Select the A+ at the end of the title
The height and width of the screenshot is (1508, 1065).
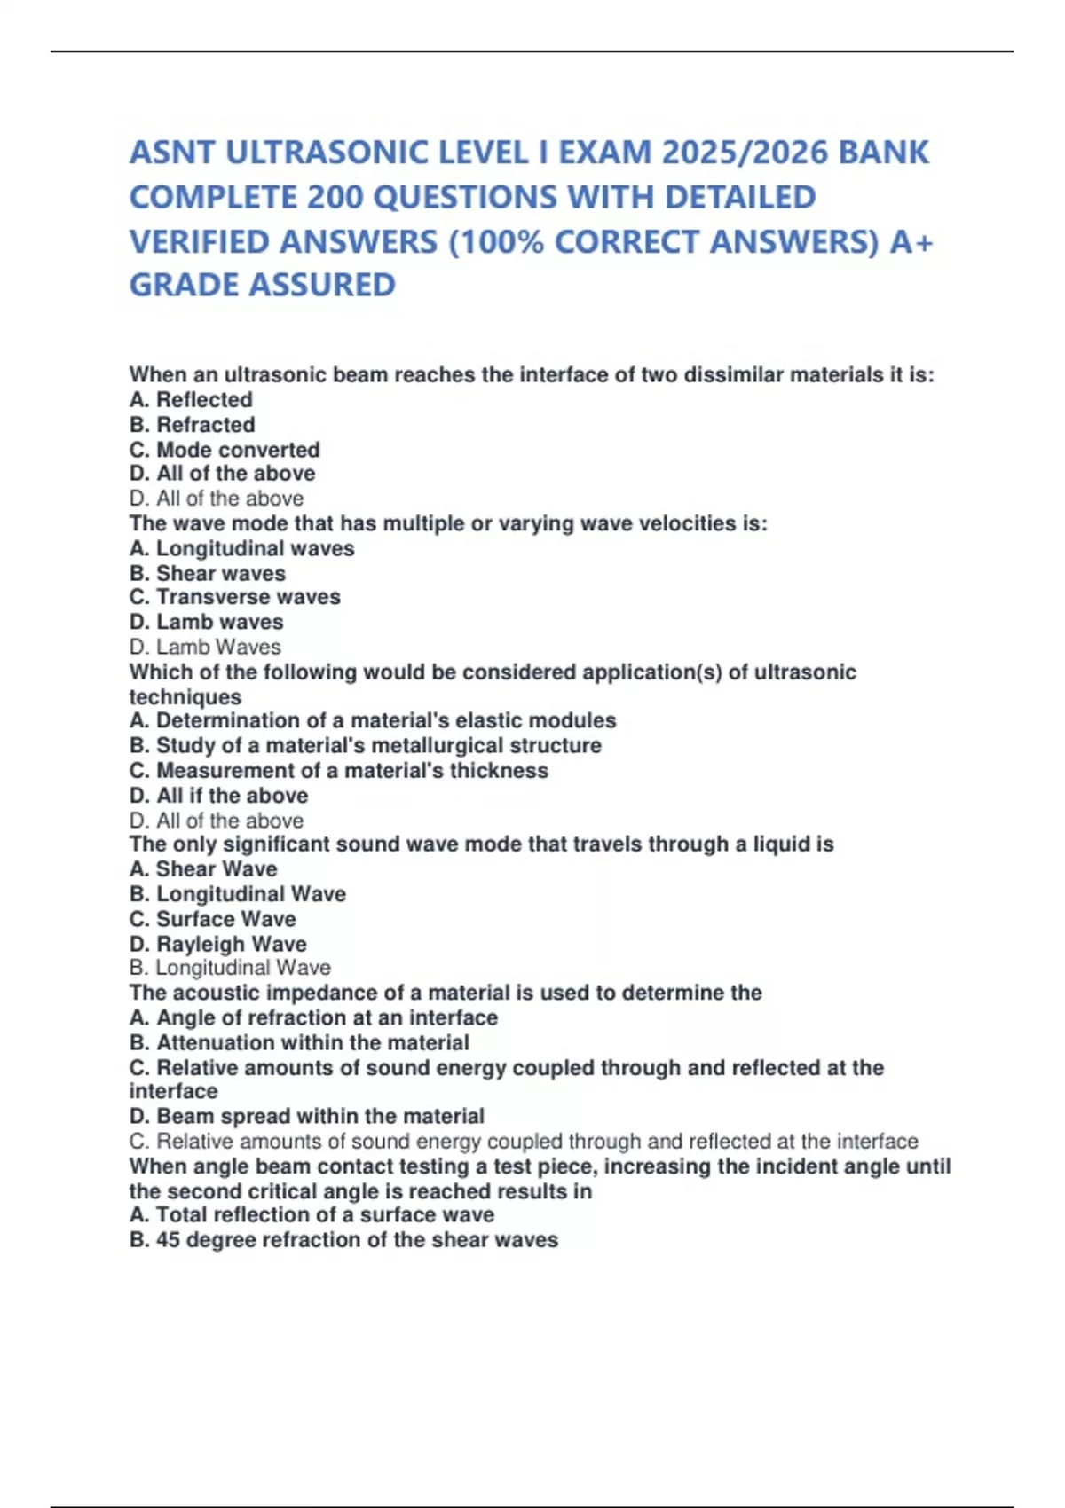911,242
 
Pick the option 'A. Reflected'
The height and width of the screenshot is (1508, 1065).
191,400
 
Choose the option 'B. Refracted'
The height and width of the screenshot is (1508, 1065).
192,425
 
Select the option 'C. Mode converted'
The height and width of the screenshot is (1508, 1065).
225,450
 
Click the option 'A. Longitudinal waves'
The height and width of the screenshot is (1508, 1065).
241,549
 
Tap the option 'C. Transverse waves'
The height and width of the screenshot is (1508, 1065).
234,597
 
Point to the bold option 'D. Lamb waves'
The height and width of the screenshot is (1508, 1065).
206,622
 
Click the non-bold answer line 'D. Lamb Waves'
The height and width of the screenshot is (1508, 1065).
205,648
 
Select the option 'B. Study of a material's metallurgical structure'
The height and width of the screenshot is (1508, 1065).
365,746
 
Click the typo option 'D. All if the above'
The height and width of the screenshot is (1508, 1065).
218,796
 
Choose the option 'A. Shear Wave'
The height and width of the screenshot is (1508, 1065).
203,869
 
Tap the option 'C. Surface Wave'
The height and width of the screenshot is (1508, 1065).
212,919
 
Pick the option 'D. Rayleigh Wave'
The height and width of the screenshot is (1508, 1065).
217,944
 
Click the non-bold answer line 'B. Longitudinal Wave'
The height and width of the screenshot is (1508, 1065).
230,968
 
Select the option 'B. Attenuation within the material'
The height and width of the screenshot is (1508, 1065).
299,1043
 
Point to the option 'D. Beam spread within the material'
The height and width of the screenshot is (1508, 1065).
306,1116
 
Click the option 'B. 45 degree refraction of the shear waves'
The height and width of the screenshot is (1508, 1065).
343,1240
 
